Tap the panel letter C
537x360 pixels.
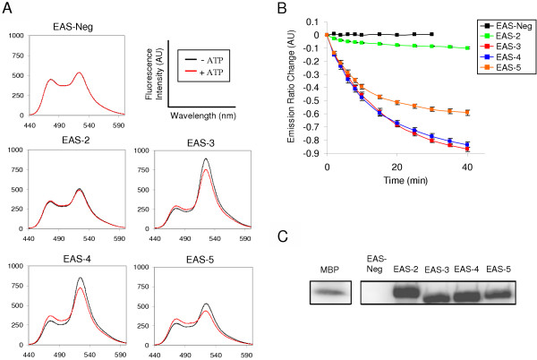pyautogui.click(x=284, y=244)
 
